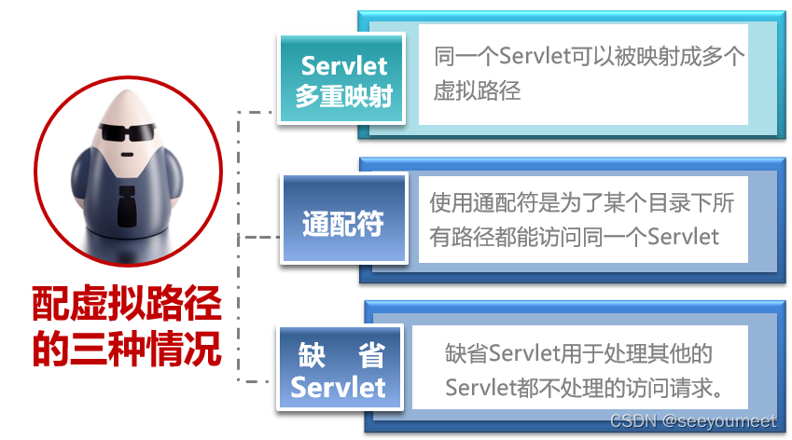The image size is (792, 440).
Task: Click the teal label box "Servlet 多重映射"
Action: click(x=342, y=80)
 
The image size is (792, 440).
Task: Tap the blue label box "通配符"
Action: click(x=342, y=224)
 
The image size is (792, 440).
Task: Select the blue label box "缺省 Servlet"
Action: click(x=338, y=370)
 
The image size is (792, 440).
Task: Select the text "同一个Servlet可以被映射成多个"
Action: click(x=589, y=56)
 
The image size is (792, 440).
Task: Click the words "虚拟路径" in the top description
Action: click(x=477, y=90)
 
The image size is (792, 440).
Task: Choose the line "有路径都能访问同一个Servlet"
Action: click(x=574, y=237)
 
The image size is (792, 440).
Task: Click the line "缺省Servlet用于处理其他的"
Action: click(x=578, y=354)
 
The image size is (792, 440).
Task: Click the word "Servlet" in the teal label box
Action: click(x=343, y=65)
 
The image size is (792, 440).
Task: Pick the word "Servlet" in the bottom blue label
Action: click(x=338, y=387)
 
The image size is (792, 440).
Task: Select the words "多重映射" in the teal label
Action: click(x=343, y=96)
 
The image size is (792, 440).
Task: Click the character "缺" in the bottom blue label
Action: click(x=310, y=355)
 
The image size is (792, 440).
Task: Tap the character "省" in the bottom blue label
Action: click(x=368, y=355)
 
